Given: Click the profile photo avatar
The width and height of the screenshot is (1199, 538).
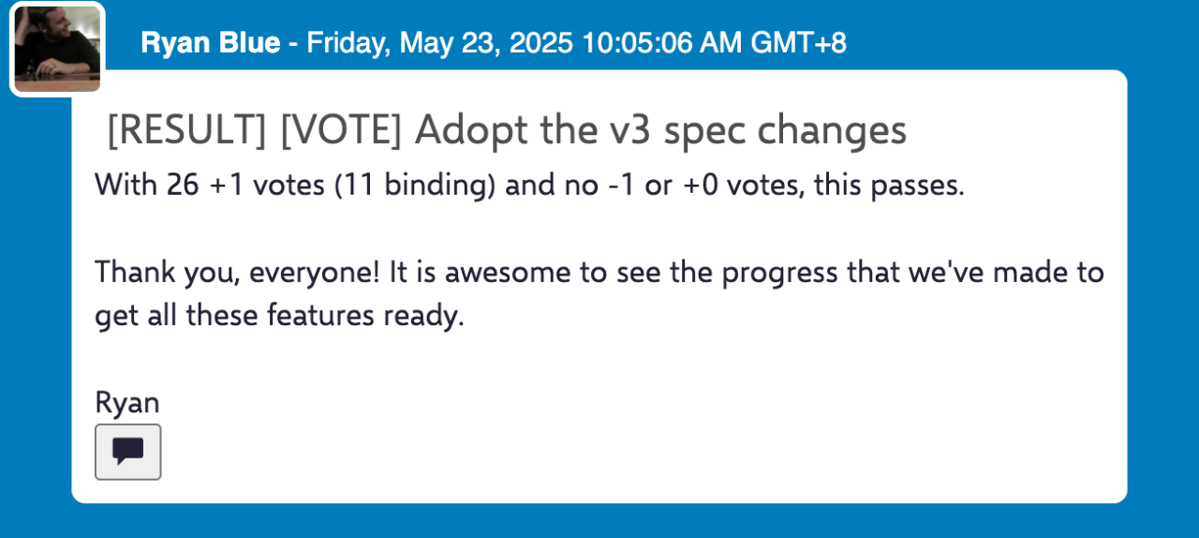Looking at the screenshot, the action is tap(57, 49).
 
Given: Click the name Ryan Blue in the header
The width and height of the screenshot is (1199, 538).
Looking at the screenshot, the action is tap(211, 43).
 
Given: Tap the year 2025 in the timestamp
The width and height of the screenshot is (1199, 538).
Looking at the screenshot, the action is tap(540, 43).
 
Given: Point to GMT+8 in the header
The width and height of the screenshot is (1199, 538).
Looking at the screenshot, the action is tap(799, 43).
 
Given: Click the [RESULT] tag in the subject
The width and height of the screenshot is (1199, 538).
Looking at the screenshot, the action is tap(186, 130).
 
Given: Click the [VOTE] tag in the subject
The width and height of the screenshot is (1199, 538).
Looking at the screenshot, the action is tap(341, 130).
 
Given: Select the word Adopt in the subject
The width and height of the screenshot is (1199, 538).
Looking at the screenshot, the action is tap(471, 131).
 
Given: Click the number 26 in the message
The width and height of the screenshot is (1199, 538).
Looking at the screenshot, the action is tap(183, 185).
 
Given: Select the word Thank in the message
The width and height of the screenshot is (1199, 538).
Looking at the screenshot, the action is tap(135, 272).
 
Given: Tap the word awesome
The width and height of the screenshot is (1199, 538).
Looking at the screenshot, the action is tap(508, 273).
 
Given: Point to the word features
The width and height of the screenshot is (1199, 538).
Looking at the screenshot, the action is tap(320, 315).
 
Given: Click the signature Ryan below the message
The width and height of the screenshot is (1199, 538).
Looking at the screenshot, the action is tap(127, 403).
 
